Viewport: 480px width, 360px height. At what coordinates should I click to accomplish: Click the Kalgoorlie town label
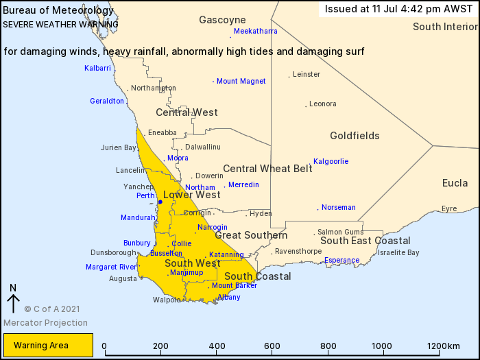tap(331, 162)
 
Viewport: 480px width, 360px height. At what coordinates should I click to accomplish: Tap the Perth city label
tap(145, 195)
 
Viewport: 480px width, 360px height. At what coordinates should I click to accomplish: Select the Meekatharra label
tap(255, 32)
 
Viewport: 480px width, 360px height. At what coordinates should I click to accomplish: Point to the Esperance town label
tap(341, 261)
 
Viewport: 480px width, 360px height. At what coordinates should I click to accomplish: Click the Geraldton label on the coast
tap(107, 101)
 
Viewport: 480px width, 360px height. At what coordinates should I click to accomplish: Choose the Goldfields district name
tap(355, 136)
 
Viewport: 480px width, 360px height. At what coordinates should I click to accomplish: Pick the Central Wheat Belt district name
tap(267, 169)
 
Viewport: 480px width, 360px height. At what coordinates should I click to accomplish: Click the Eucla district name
tap(455, 183)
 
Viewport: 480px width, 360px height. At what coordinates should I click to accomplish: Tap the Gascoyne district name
tap(222, 20)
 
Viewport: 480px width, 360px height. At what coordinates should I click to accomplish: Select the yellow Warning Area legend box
tap(48, 346)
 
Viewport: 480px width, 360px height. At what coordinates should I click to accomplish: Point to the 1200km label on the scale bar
tap(444, 346)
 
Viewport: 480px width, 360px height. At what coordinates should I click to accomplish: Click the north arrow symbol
tap(13, 300)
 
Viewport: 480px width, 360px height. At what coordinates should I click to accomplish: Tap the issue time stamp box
tap(398, 9)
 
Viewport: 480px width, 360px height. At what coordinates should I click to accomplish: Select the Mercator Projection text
tap(45, 322)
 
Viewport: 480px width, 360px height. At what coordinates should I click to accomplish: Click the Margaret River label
tap(111, 267)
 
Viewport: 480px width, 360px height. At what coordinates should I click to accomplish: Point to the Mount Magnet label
tap(241, 82)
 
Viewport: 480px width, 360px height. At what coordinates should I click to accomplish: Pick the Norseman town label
tap(339, 207)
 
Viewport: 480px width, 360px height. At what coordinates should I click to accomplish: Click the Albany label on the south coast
tap(229, 297)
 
